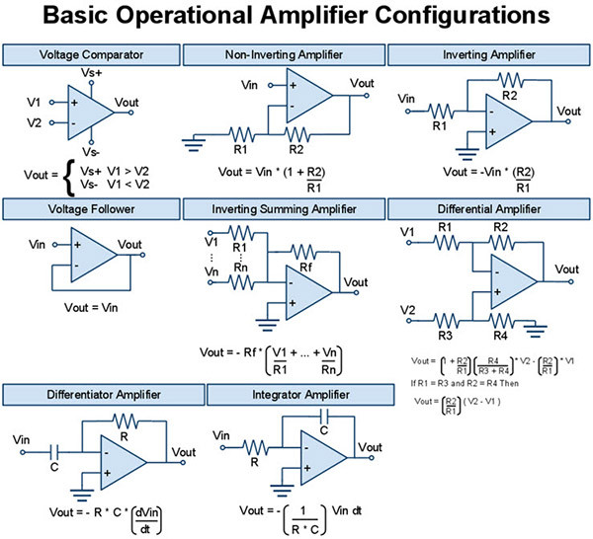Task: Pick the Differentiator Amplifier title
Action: point(103,395)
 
